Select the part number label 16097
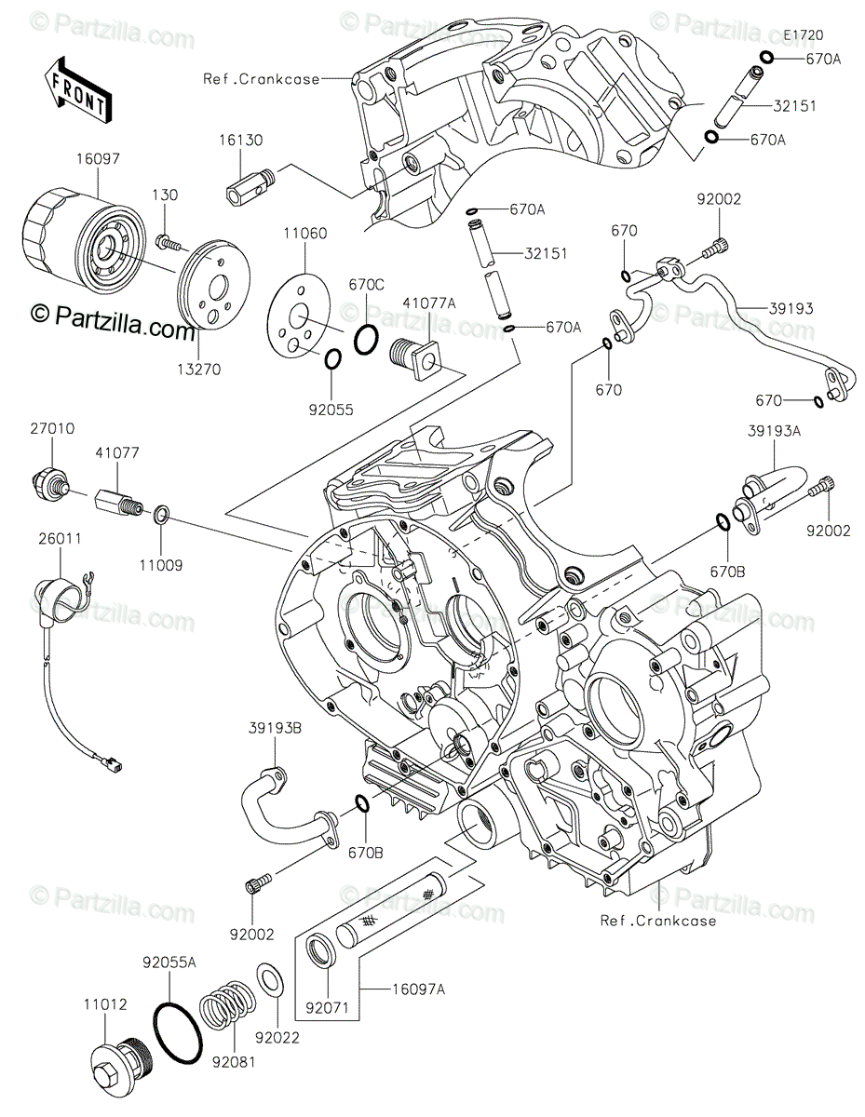coord(98,159)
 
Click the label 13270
coord(199,370)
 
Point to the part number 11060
coord(304,234)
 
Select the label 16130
coord(241,140)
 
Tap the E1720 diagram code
coord(804,35)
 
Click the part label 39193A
coord(774,430)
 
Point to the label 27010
coord(52,428)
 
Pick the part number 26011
coord(61,539)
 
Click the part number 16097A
coord(418,989)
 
